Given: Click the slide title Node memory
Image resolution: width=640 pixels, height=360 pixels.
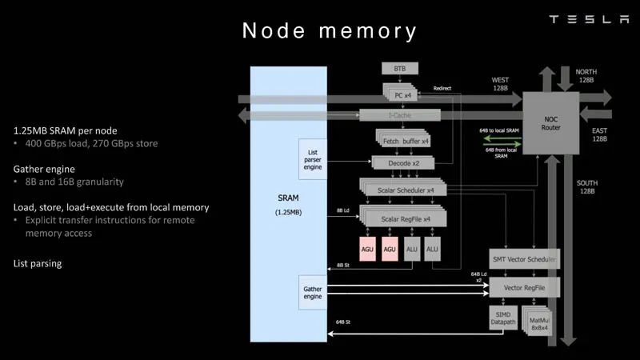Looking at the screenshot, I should click(x=330, y=31).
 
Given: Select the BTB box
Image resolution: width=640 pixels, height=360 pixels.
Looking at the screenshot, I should click(x=400, y=69).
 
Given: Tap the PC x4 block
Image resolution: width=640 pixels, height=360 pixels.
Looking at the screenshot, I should click(x=402, y=95).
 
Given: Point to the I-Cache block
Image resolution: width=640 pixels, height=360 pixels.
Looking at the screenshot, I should click(x=398, y=116).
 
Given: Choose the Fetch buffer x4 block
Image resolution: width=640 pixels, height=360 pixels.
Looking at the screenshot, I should click(x=403, y=141).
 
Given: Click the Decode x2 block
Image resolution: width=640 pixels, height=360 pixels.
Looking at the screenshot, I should click(x=405, y=162).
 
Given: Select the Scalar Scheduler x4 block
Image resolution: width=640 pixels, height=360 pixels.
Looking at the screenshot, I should click(x=402, y=190).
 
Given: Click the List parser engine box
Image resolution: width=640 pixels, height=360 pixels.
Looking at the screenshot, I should click(x=313, y=159).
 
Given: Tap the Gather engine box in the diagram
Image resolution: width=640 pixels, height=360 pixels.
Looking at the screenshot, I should click(x=313, y=292).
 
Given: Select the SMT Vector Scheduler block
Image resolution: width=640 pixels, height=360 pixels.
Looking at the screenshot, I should click(x=523, y=260).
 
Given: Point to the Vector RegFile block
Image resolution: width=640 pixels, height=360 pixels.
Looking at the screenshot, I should click(x=523, y=286).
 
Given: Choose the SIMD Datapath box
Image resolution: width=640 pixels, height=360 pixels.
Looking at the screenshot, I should click(x=502, y=319).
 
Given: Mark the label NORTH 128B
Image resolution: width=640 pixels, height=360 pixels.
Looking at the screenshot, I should click(x=586, y=76).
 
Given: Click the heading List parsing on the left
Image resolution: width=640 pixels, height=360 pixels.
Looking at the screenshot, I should click(x=38, y=263).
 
